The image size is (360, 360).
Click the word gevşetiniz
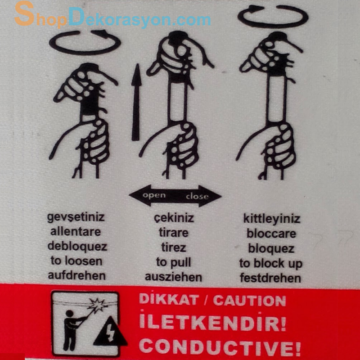[76, 217]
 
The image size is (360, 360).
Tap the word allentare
[76, 232]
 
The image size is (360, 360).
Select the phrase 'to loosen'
[76, 261]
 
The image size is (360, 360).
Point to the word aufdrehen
[76, 276]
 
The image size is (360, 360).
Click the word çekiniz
[174, 218]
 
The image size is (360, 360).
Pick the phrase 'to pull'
[174, 262]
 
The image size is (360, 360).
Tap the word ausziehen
[174, 276]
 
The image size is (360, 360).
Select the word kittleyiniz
[271, 219]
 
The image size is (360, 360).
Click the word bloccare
[271, 234]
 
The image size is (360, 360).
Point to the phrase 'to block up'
[271, 263]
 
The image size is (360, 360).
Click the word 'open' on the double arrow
[154, 195]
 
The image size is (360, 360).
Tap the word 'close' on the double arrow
[197, 196]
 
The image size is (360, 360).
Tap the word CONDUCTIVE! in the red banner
[220, 347]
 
